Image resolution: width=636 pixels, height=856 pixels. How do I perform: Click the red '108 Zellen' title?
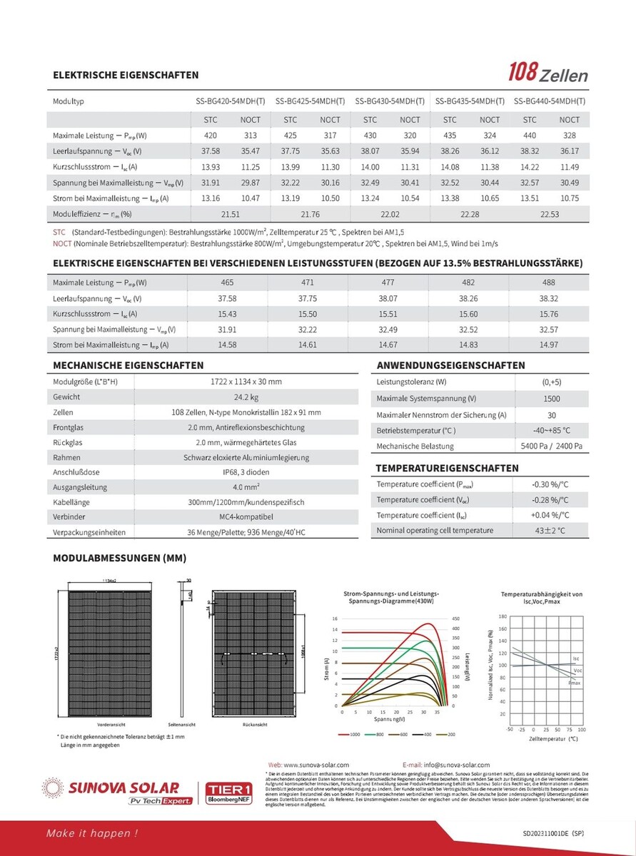pos(547,73)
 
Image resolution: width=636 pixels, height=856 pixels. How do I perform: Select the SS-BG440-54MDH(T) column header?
pos(549,101)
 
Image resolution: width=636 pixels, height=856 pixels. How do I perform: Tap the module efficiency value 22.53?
pos(549,214)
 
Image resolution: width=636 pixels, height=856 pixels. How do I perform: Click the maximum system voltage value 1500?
pos(551,399)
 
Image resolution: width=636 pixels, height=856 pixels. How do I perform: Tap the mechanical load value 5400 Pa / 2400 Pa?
pos(551,447)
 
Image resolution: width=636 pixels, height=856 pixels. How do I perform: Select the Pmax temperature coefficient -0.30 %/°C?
pos(550,484)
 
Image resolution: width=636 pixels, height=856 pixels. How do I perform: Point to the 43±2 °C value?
pos(550,531)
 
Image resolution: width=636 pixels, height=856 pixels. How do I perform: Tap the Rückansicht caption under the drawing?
pos(255,724)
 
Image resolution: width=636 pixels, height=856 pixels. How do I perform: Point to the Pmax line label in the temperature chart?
pos(575,683)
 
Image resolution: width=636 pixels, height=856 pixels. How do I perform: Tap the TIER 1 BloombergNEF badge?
pos(225,793)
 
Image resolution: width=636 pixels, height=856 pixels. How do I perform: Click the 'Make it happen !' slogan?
pos(92,833)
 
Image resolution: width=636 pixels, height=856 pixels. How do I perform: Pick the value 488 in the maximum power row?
pos(549,283)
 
